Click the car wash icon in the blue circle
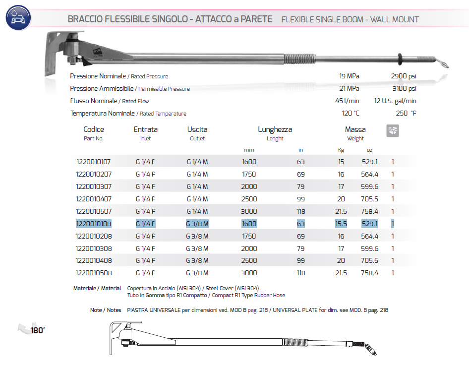[18, 18]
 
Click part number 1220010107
[94, 162]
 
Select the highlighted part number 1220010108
[94, 224]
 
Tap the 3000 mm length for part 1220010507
[249, 211]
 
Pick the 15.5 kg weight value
[341, 224]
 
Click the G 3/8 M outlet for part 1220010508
[197, 273]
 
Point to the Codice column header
[94, 129]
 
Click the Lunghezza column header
[275, 129]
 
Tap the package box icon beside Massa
[393, 130]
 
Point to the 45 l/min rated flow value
[348, 101]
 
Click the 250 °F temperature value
[406, 114]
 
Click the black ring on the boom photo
[399, 59]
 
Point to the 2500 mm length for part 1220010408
[249, 260]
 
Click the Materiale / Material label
[97, 288]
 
